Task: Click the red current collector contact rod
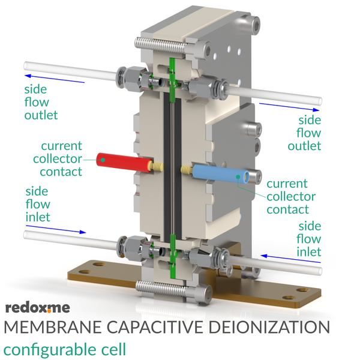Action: point(124,162)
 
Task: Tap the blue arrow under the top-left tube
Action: point(55,79)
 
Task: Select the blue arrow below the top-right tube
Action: point(289,107)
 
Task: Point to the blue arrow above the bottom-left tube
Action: point(56,230)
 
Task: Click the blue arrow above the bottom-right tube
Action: point(290,259)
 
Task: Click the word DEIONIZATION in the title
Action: point(269,327)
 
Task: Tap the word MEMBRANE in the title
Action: point(53,327)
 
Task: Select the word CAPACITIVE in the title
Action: point(155,327)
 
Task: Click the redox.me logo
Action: point(38,308)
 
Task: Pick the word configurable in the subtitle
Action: point(46,349)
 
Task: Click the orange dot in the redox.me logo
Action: point(49,311)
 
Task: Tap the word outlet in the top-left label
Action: point(41,115)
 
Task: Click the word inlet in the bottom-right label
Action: point(309,252)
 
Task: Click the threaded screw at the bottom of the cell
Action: point(161,289)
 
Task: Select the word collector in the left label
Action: point(58,158)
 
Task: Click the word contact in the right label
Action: point(287,209)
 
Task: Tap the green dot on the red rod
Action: point(103,160)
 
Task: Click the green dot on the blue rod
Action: point(238,177)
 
